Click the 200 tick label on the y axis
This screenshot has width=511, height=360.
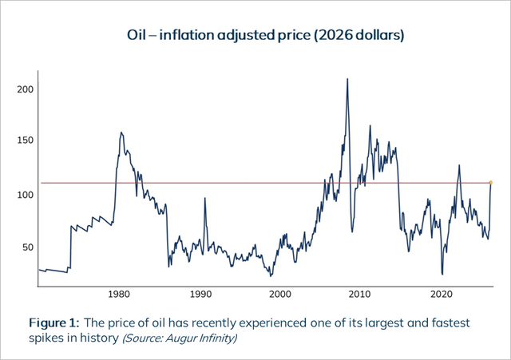pyautogui.click(x=26, y=89)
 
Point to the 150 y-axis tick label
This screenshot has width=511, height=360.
pyautogui.click(x=26, y=140)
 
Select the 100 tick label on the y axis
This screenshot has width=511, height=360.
pyautogui.click(x=26, y=195)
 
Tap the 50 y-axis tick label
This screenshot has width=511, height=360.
pyautogui.click(x=28, y=247)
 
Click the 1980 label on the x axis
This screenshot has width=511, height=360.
pyautogui.click(x=119, y=295)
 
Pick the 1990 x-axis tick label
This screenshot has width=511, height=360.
pyautogui.click(x=200, y=295)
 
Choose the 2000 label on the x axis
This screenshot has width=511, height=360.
pyautogui.click(x=280, y=295)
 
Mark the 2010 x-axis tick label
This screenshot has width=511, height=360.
pyautogui.click(x=360, y=295)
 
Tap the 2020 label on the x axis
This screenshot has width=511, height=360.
pyautogui.click(x=442, y=295)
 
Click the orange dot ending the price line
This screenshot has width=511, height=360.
pyautogui.click(x=491, y=183)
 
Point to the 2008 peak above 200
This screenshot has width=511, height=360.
pyautogui.click(x=347, y=79)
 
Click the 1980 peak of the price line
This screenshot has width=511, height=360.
pyautogui.click(x=121, y=133)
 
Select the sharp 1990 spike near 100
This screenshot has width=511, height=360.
pyautogui.click(x=204, y=198)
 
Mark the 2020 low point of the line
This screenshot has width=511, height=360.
pyautogui.click(x=442, y=275)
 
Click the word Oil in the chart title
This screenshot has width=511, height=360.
pyautogui.click(x=137, y=35)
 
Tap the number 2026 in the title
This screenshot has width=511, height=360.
pyautogui.click(x=335, y=35)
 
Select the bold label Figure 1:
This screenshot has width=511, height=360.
pyautogui.click(x=54, y=322)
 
